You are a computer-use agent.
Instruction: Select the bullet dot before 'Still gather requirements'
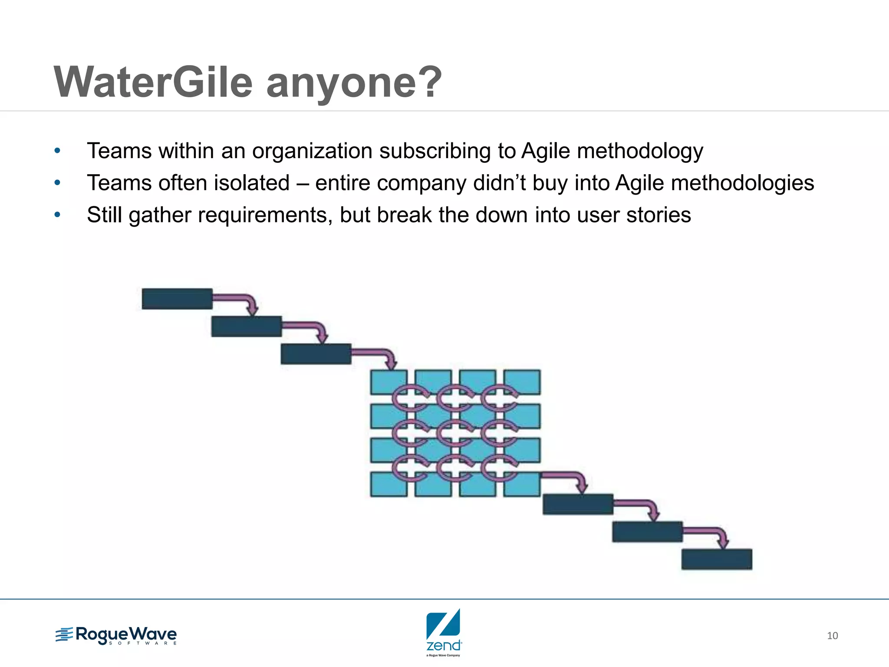(x=57, y=215)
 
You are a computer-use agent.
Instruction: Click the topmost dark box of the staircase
(x=177, y=299)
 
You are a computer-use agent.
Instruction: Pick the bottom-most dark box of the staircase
(x=717, y=559)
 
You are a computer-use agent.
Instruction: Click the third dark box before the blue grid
(x=316, y=354)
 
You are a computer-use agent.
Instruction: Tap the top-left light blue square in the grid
(x=389, y=382)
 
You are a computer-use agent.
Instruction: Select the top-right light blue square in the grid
(x=522, y=382)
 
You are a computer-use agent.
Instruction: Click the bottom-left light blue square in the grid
(x=389, y=484)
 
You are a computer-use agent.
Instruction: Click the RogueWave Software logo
(x=116, y=636)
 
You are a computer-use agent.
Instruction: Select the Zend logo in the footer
(x=444, y=632)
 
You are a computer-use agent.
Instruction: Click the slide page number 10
(x=832, y=636)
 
